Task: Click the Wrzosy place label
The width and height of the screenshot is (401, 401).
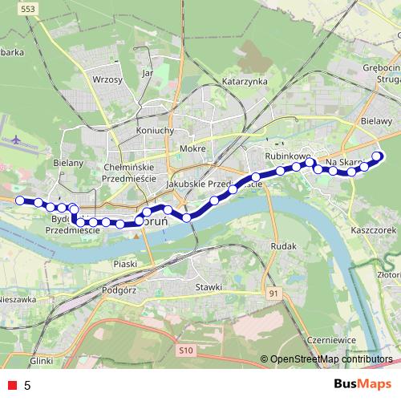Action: point(107,80)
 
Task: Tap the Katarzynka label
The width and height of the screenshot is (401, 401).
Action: point(245,82)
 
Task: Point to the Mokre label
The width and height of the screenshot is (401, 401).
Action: point(193,148)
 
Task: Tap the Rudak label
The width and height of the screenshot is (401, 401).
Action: point(285,245)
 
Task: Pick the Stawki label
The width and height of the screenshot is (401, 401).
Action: point(209,286)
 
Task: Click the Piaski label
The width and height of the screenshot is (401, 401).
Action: point(127,263)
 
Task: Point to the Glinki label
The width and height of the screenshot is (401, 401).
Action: point(41,361)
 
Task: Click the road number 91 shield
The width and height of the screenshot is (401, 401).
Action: point(275,294)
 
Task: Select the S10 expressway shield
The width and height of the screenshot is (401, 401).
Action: point(187,350)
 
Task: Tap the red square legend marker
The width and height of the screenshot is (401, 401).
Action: point(11,385)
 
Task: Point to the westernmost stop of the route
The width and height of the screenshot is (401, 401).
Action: point(20,200)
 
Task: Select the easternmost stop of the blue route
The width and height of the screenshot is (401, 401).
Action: point(379,156)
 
